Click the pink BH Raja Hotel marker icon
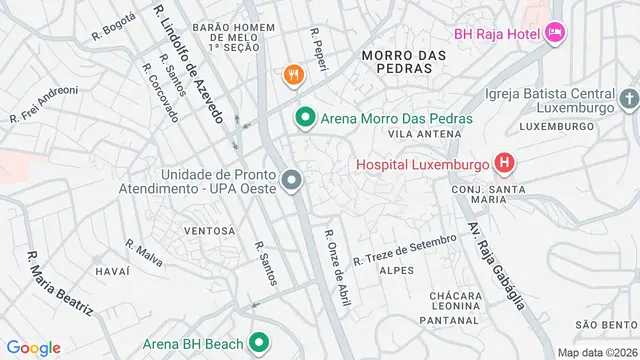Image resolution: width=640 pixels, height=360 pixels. pos(556,34)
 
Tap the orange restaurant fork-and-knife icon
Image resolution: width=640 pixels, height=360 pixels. pos(293,73)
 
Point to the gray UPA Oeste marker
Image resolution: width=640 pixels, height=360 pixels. pos(291,180)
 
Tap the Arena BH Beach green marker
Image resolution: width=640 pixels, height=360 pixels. pos(259,343)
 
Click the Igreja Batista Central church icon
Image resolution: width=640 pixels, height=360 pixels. pos(628,99)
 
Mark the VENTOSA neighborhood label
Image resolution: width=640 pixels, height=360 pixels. pos(210,231)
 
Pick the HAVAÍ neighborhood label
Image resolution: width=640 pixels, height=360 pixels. pos(112,271)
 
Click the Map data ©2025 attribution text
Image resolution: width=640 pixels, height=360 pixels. pos(596,352)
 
